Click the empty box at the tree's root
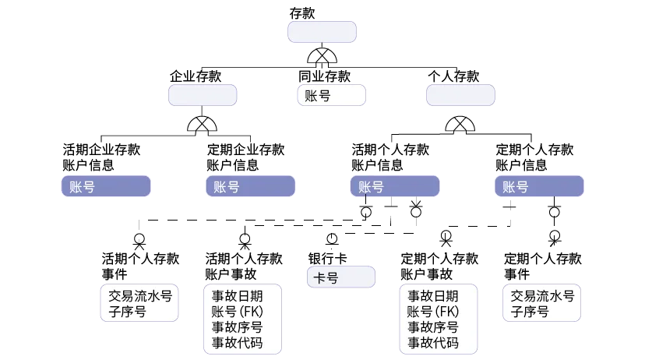click(322, 31)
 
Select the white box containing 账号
click(331, 96)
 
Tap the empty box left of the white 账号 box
click(203, 95)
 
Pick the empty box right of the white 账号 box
click(460, 95)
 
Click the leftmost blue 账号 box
click(106, 187)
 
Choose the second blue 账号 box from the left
click(251, 187)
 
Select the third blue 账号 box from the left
click(395, 187)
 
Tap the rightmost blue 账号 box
click(539, 187)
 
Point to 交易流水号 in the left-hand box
click(139, 296)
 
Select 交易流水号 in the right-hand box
click(543, 296)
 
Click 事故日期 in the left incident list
click(237, 296)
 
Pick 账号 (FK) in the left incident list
click(237, 312)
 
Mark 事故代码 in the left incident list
click(237, 343)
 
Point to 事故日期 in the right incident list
click(433, 296)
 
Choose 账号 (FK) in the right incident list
click(433, 312)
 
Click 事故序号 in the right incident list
click(433, 327)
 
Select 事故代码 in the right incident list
click(433, 343)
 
